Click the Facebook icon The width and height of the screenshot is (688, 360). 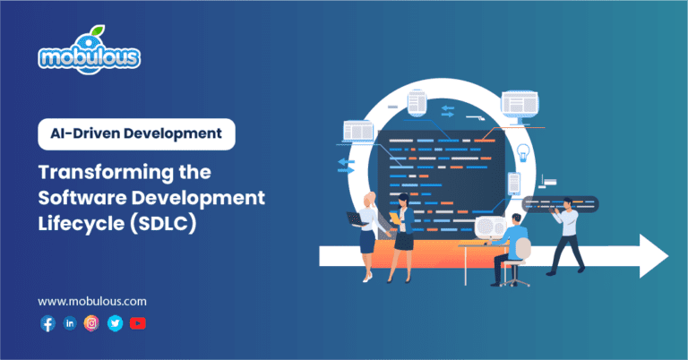coord(47,323)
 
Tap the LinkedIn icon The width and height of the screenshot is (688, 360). coord(70,323)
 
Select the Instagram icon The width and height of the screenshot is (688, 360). coord(91,323)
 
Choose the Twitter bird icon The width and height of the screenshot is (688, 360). coord(115,323)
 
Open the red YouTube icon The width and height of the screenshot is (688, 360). coord(137,323)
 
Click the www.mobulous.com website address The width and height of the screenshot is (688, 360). coord(92,302)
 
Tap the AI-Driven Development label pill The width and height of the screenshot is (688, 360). coord(136,135)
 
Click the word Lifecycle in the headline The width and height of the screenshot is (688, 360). coord(82,220)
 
